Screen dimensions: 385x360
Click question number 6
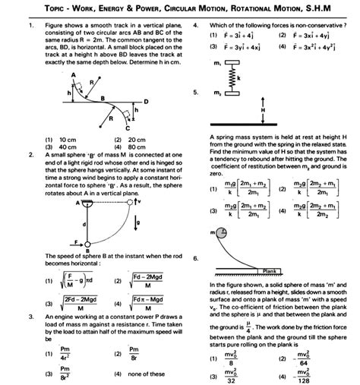(196, 259)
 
